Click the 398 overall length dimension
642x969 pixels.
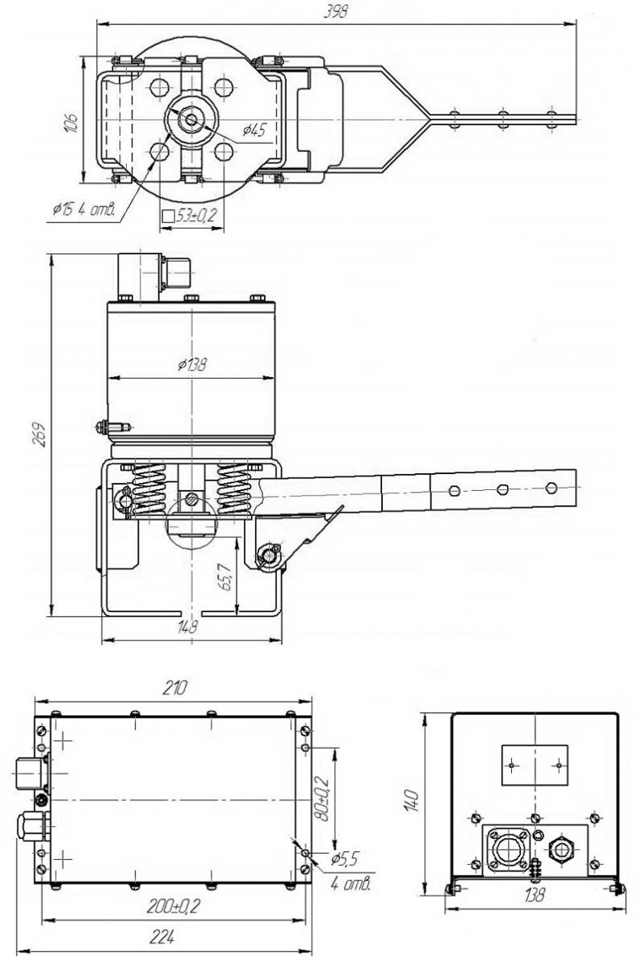[x=336, y=12]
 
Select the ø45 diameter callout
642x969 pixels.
[x=255, y=130]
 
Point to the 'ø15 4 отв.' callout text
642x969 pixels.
[x=84, y=210]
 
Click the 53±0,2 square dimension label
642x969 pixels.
[x=189, y=215]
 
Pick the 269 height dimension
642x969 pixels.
[x=39, y=435]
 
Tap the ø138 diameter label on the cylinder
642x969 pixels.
[x=192, y=365]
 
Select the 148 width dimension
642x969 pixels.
[x=187, y=627]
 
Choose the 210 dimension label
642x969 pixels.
[x=174, y=688]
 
